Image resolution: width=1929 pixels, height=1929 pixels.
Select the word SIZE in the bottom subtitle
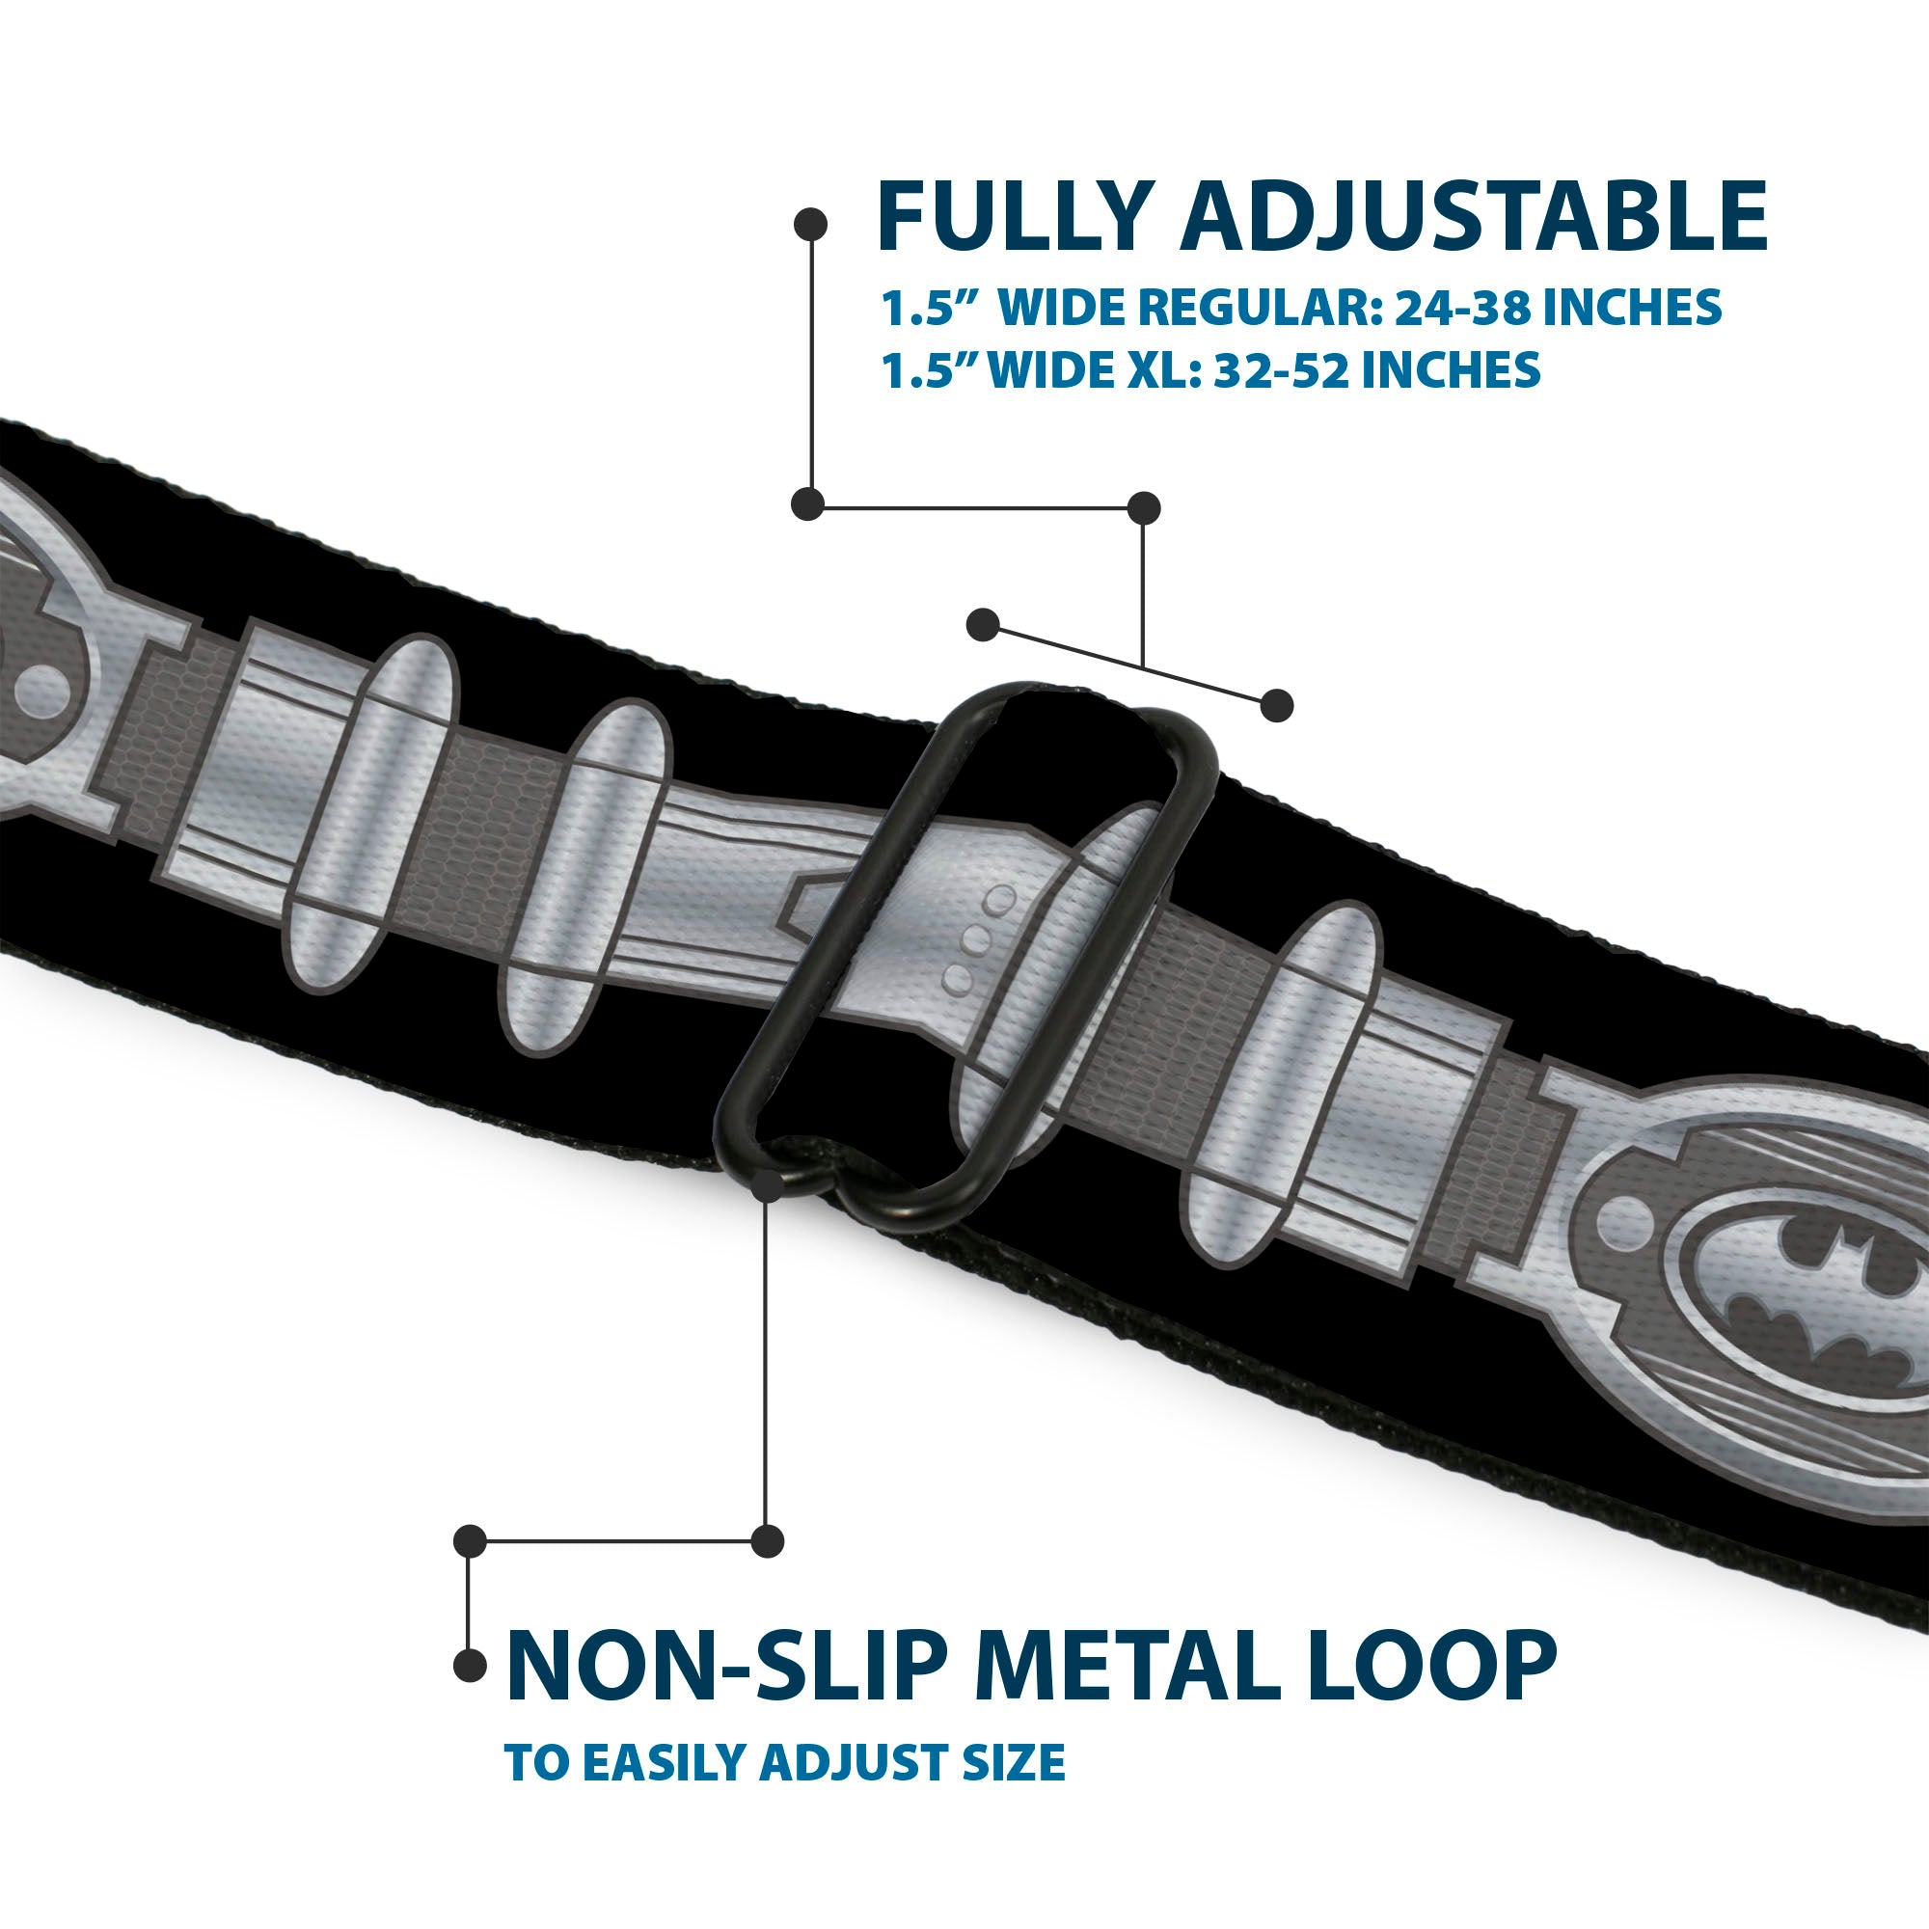pyautogui.click(x=1015, y=1763)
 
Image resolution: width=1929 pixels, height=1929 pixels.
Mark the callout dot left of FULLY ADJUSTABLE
pyautogui.click(x=810, y=225)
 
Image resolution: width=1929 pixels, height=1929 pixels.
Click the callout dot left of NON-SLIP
pyautogui.click(x=471, y=1665)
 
